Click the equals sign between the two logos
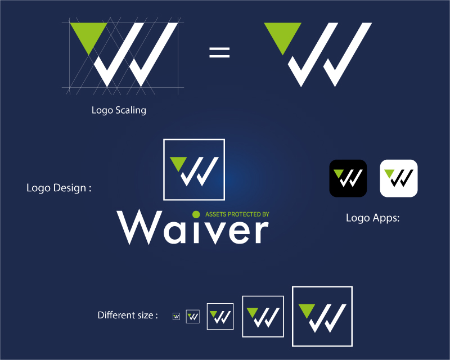pos(219,52)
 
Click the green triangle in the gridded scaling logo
pos(89,34)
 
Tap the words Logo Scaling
pos(119,110)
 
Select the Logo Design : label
pos(59,188)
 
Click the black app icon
pos(348,178)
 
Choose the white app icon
pos(399,178)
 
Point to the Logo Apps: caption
pos(372,218)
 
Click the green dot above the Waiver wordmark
pos(196,214)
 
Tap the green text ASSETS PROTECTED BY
pos(237,214)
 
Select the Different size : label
pos(128,315)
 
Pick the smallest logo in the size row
pos(176,316)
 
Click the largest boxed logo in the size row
pos(322,316)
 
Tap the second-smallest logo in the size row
pos(192,316)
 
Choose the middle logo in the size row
pos(220,316)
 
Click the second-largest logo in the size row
pos(263,316)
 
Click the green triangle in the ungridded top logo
pos(283,34)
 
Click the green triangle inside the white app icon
pos(389,173)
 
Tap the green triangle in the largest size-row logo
pos(307,310)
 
